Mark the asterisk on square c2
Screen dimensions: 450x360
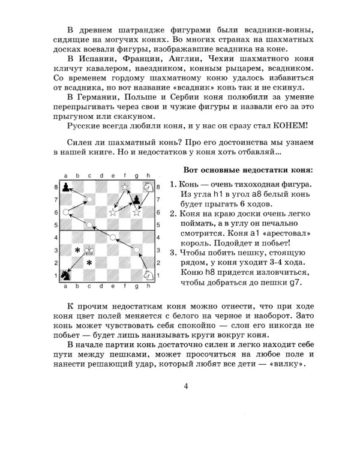[89, 263]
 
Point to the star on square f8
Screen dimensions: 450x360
[125, 187]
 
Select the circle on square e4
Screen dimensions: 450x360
[113, 237]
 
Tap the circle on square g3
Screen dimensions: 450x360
[137, 250]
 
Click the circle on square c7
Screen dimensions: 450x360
[90, 199]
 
